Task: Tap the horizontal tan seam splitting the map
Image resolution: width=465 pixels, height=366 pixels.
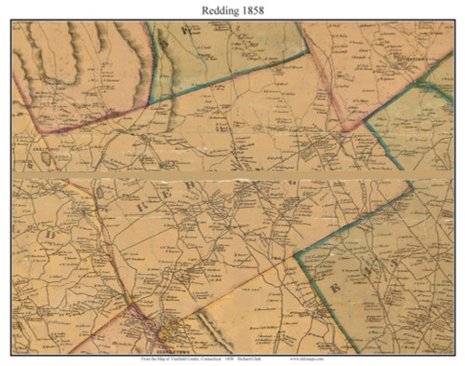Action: point(232,174)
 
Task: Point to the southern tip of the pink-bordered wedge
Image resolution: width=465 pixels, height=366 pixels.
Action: point(345,129)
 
